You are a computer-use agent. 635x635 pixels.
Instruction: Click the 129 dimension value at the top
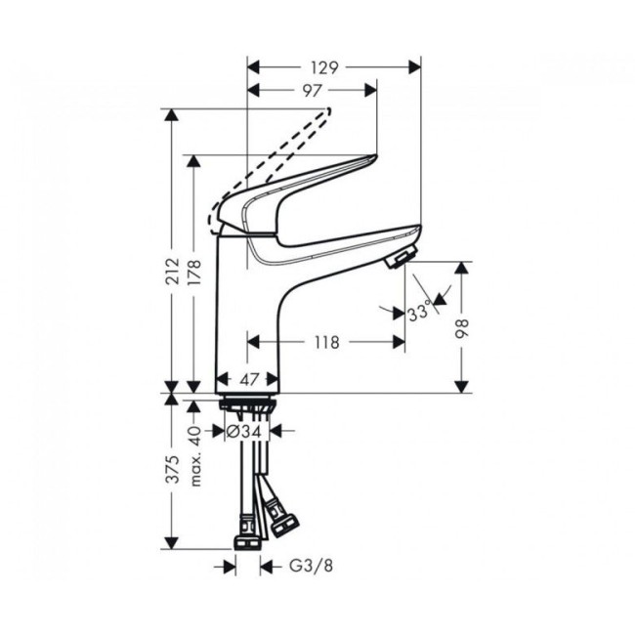click(x=324, y=67)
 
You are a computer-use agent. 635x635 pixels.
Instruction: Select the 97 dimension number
click(x=312, y=91)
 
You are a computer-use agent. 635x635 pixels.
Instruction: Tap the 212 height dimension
click(x=173, y=271)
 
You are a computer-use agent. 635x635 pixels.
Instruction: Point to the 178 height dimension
click(x=194, y=273)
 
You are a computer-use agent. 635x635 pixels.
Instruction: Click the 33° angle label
click(x=418, y=313)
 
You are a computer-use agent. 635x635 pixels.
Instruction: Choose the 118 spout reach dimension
click(x=327, y=343)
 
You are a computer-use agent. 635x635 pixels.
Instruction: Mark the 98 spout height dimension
click(x=462, y=328)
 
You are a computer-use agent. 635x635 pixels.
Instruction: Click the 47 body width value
click(x=249, y=379)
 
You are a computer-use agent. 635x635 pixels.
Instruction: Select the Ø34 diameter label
click(x=244, y=431)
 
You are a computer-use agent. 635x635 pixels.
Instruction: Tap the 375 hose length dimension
click(x=173, y=469)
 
